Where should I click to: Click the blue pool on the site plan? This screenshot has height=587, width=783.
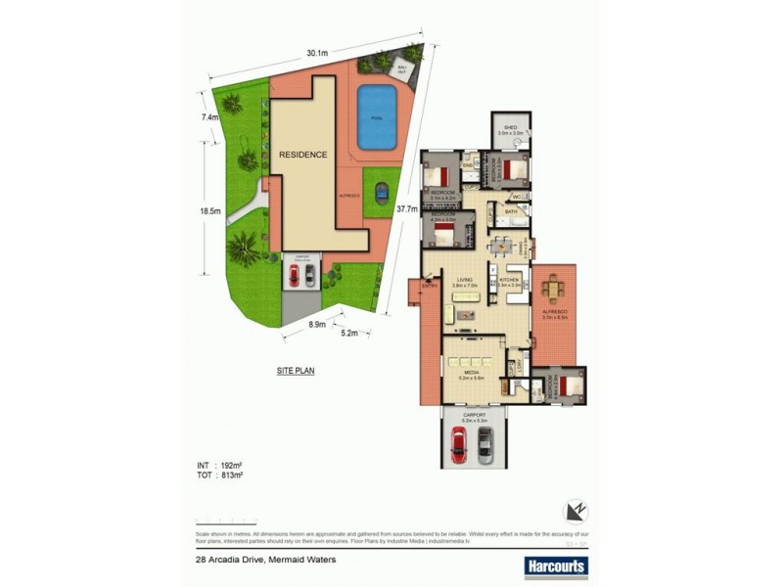click(x=377, y=116)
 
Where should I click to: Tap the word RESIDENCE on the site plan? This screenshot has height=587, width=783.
click(x=302, y=155)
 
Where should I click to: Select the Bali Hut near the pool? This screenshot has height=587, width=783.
click(x=401, y=68)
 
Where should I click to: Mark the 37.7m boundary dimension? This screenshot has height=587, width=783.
click(x=407, y=208)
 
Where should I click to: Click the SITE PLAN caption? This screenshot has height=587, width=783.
click(x=296, y=371)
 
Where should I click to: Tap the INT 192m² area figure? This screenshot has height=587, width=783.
click(x=220, y=465)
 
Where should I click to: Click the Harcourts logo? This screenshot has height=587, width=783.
click(x=555, y=565)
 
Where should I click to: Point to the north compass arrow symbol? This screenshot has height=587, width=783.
click(x=576, y=510)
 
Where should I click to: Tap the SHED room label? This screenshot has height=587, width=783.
click(x=510, y=127)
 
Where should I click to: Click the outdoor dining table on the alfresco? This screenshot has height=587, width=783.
click(x=556, y=290)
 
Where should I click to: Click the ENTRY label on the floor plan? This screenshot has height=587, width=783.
click(x=430, y=286)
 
